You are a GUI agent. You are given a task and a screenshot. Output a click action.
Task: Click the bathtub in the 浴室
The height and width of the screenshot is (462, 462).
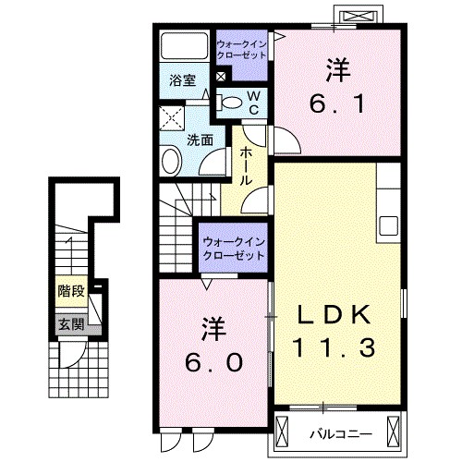[x=184, y=46]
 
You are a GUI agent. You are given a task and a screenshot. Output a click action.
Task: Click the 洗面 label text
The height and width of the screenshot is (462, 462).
[x=201, y=140]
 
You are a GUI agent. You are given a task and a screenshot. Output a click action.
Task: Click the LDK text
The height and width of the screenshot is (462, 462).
[x=337, y=315]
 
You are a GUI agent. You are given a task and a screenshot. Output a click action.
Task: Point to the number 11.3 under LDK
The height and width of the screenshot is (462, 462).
[x=337, y=350]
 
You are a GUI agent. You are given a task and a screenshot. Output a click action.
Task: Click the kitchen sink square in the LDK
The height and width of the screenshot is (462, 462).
[x=387, y=225]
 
